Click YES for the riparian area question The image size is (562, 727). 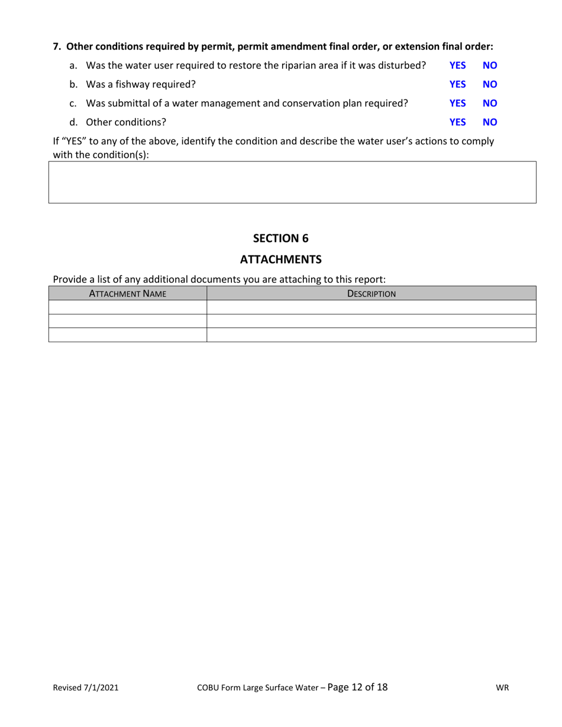pyautogui.click(x=458, y=65)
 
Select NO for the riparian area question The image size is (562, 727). pyautogui.click(x=490, y=65)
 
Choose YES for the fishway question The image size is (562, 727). pyautogui.click(x=458, y=84)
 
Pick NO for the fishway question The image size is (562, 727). pyautogui.click(x=490, y=84)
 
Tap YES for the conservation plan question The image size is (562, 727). pyautogui.click(x=458, y=103)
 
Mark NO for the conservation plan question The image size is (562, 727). pyautogui.click(x=490, y=103)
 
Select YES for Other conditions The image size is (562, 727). pyautogui.click(x=458, y=122)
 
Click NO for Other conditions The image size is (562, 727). pyautogui.click(x=490, y=122)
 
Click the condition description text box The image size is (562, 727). pyautogui.click(x=292, y=183)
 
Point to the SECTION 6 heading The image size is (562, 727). pyautogui.click(x=281, y=238)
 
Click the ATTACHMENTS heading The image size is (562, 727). pyautogui.click(x=281, y=259)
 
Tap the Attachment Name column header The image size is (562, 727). pyautogui.click(x=127, y=293)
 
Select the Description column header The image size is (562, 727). pyautogui.click(x=371, y=293)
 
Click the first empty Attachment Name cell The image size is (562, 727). pyautogui.click(x=127, y=307)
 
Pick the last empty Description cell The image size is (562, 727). pyautogui.click(x=371, y=335)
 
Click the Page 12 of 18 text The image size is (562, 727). pyautogui.click(x=357, y=687)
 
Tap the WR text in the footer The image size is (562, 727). pyautogui.click(x=503, y=688)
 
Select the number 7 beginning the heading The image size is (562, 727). pyautogui.click(x=56, y=46)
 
